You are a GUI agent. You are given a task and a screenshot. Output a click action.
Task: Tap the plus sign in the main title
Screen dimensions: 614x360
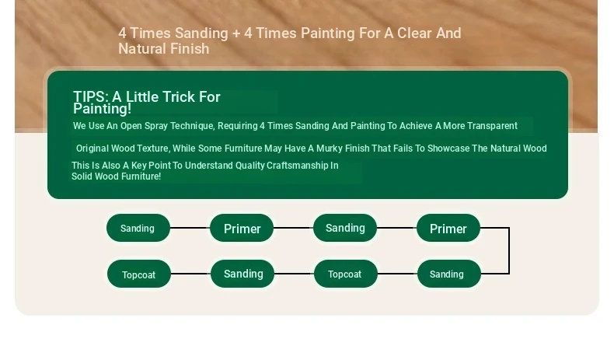click(236, 33)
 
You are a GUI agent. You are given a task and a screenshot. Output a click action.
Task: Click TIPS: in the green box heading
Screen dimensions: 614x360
click(90, 96)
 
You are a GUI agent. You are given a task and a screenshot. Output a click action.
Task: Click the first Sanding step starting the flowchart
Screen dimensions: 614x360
click(138, 228)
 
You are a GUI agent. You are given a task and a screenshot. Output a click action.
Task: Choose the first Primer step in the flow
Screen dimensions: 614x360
click(242, 228)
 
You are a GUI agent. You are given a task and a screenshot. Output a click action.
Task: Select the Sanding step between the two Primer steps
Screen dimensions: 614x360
click(345, 228)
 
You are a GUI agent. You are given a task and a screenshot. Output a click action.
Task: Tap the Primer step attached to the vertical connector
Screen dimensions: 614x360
click(448, 228)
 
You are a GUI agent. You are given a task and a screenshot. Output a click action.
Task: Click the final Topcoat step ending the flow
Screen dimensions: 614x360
click(139, 274)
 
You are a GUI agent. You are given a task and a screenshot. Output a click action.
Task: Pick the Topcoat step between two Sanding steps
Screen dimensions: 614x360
click(346, 274)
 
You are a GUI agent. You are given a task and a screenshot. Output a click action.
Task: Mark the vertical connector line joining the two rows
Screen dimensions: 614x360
click(509, 250)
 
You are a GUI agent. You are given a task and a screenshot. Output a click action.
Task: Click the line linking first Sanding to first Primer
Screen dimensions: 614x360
click(190, 228)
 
